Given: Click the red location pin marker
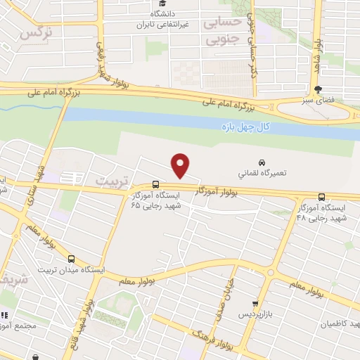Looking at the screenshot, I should pos(181,165).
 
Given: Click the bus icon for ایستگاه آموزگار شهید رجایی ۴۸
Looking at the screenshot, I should pos(322,197).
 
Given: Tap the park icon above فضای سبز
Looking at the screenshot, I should pos(318,89).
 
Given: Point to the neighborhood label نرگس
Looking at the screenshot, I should pos(37,33).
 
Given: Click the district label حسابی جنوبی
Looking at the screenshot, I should pos(223,31).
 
